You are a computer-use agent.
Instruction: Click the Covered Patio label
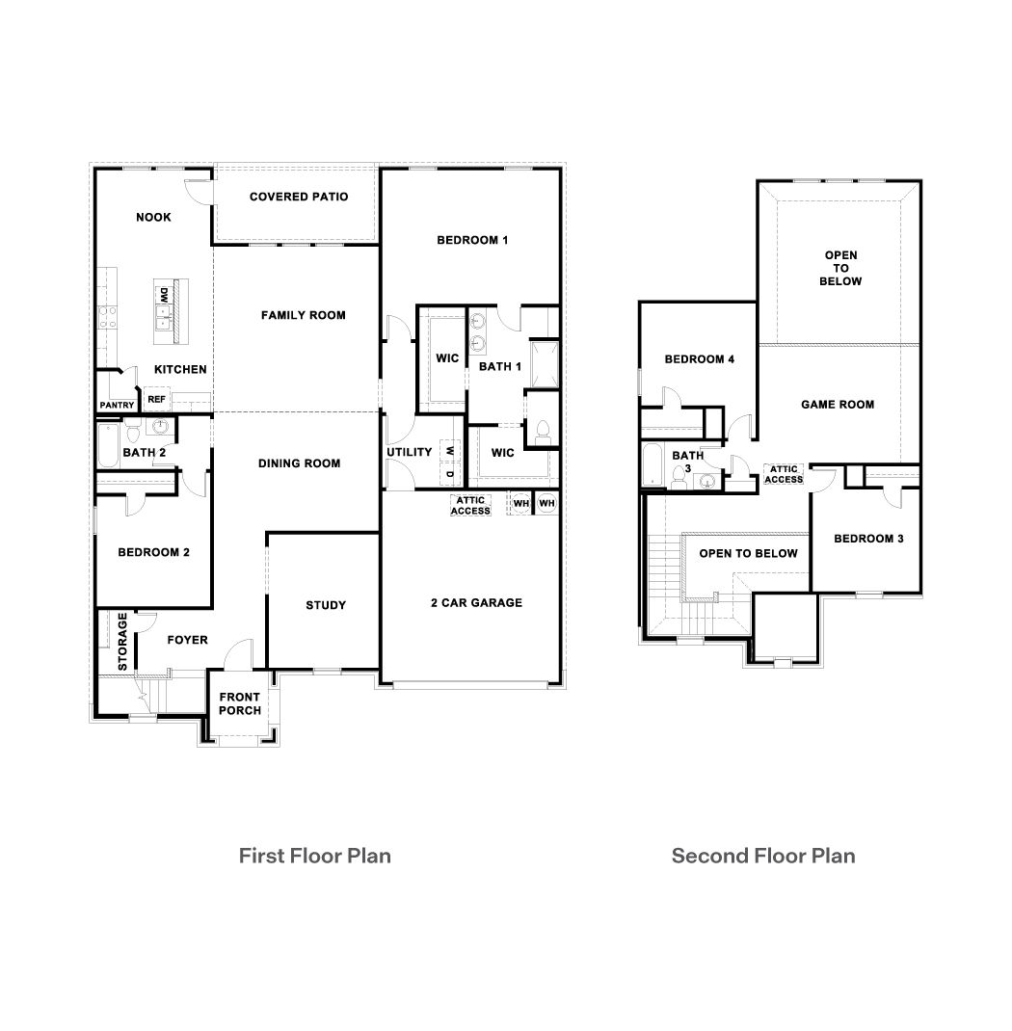pos(298,197)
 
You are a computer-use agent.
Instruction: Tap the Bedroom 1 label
pos(472,240)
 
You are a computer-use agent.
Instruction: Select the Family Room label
pos(303,315)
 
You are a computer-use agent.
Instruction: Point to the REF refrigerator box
pos(156,398)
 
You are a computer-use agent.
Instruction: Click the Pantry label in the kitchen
pos(117,406)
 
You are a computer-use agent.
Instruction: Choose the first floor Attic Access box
pos(470,505)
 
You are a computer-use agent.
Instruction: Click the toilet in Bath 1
pos(542,432)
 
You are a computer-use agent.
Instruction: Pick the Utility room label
pos(410,452)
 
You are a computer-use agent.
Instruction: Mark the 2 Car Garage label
pos(476,603)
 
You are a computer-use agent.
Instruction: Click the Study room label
pos(326,605)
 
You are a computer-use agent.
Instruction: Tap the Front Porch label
pos(240,704)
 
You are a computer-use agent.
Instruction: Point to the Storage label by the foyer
pos(122,642)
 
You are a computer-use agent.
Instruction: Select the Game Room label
pos(838,405)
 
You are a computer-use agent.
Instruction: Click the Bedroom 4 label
pos(700,359)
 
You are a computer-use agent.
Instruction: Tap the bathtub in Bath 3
pos(654,466)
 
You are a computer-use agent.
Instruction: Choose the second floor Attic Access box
pos(783,474)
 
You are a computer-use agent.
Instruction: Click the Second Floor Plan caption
pos(763,855)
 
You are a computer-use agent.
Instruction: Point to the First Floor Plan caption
pos(314,855)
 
